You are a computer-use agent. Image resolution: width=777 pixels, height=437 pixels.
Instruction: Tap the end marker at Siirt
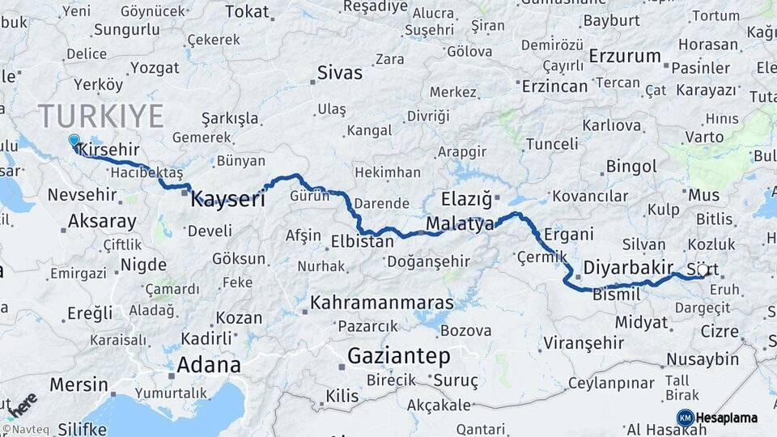703,270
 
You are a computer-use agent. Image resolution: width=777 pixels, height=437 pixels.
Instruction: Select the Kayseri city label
227,199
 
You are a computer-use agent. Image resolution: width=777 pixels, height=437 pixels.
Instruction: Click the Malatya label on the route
459,224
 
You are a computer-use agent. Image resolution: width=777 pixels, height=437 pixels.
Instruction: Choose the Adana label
209,364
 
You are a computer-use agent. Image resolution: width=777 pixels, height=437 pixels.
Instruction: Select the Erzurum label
625,56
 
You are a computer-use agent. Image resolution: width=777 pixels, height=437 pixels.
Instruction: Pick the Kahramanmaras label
383,302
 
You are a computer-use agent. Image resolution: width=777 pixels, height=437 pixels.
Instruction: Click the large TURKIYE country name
100,116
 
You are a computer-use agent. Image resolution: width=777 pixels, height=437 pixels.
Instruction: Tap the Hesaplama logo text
727,418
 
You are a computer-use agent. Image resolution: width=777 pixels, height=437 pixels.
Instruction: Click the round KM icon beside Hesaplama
685,418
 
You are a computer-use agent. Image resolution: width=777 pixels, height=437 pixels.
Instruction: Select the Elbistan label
361,240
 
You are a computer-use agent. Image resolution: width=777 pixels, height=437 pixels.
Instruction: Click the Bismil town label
617,295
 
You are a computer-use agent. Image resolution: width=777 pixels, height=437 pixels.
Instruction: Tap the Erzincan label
554,85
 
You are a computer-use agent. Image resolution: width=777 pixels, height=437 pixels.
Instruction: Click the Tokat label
246,11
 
